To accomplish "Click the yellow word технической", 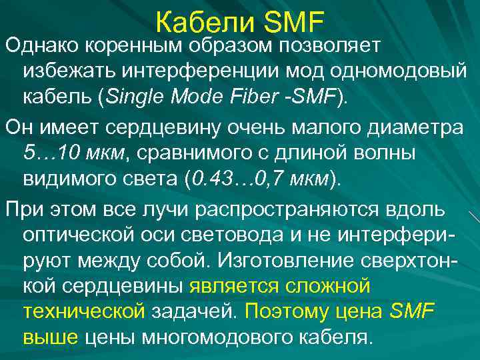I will tap(84, 311).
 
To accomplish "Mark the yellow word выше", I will tap(51, 337).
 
